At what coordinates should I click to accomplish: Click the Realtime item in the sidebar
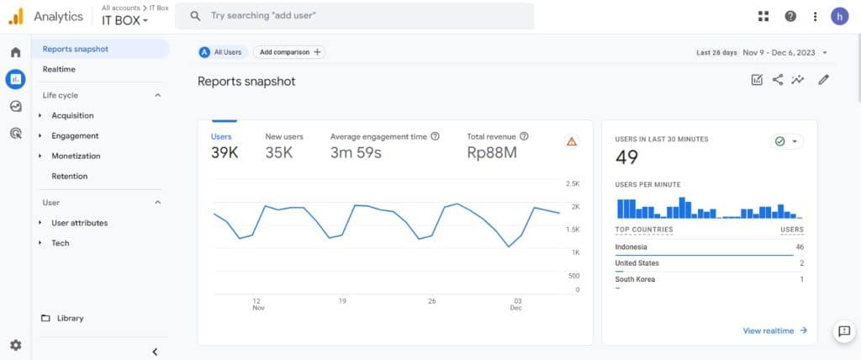click(59, 69)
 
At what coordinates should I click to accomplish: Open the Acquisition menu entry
click(72, 115)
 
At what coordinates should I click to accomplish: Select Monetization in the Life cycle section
click(76, 156)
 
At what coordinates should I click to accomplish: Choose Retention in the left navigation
click(69, 176)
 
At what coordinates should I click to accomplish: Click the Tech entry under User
click(61, 243)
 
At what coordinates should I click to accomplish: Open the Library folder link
click(70, 318)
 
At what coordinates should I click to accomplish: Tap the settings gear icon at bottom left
click(15, 345)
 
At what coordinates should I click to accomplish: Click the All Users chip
click(221, 52)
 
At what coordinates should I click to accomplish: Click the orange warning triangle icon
click(572, 141)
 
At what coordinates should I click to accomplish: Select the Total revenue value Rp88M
click(492, 152)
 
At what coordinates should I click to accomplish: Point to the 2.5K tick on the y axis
click(573, 183)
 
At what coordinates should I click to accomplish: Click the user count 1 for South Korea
click(801, 279)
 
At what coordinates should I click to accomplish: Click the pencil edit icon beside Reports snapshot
click(823, 80)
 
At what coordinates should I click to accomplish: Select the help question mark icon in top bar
click(790, 16)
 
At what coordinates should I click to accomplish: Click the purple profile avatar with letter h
click(839, 16)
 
